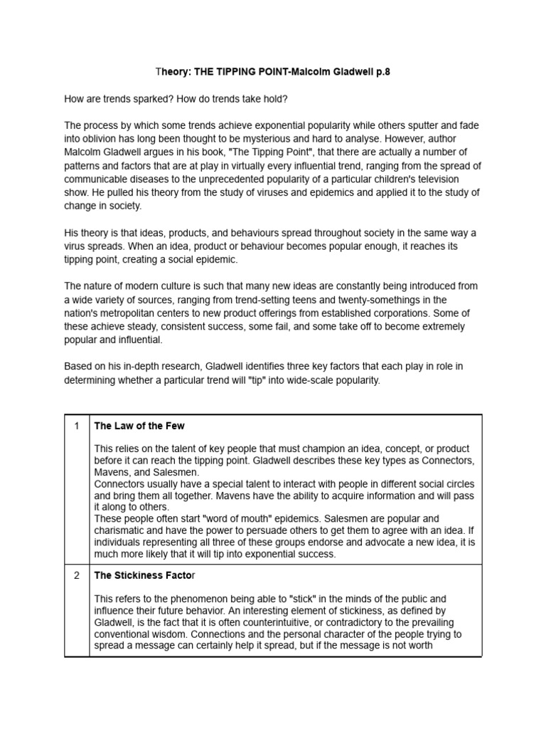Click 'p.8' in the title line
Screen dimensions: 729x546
coord(381,73)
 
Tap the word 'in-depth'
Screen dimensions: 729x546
coord(139,367)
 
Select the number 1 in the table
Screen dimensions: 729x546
coord(76,426)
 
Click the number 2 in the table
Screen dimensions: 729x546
coord(76,575)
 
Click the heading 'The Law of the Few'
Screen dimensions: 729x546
coord(139,426)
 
